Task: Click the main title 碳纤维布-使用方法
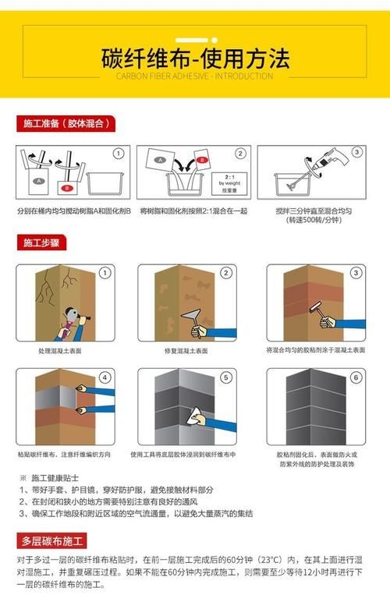[x=195, y=58]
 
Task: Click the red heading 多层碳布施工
[x=54, y=540]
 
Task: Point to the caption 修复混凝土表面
[x=186, y=350]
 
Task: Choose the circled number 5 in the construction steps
[x=226, y=378]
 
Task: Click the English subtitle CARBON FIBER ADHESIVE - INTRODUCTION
[x=195, y=77]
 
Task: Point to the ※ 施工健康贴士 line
[x=55, y=476]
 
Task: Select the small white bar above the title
[x=195, y=38]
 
